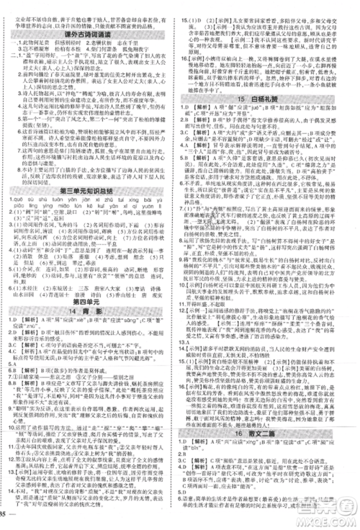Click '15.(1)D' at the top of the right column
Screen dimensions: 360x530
(193, 4)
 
